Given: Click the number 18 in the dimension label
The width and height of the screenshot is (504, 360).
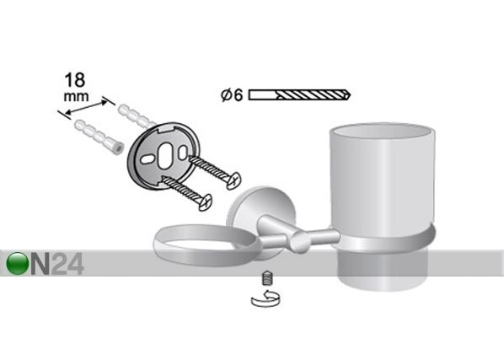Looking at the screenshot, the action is tap(75, 80).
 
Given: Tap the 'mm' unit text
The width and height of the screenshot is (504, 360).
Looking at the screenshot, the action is tap(76, 97).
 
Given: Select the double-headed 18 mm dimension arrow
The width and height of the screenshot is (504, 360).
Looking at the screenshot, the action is tap(86, 107).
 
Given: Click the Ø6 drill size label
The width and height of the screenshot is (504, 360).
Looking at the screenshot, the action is tap(232, 95).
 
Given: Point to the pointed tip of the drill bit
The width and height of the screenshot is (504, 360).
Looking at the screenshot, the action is tap(350, 94).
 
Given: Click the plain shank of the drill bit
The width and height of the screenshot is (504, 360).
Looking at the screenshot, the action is tap(263, 95).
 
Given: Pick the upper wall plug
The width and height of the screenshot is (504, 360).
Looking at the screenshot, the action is tap(137, 116).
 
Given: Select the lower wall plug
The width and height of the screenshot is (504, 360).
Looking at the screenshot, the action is tap(99, 137).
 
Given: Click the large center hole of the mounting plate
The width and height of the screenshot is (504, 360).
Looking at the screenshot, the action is tap(165, 156).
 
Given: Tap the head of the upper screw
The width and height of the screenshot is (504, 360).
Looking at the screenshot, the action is tap(233, 180).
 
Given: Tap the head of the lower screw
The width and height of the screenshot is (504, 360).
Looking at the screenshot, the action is tap(205, 202).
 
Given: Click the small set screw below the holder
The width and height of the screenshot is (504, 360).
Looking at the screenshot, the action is tap(267, 278).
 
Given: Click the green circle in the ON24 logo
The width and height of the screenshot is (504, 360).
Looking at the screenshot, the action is tap(18, 263).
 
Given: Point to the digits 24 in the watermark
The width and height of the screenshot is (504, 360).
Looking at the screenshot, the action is tap(67, 264).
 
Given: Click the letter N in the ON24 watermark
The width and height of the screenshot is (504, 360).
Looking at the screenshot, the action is tap(40, 264).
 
